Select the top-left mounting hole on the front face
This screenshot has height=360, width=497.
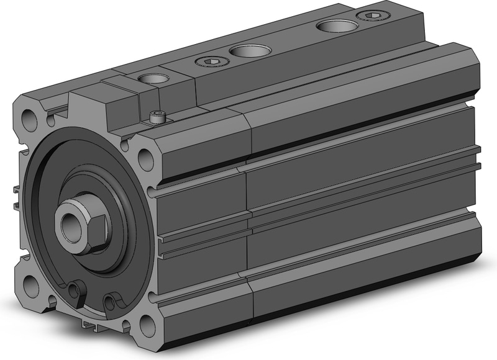click(29, 117)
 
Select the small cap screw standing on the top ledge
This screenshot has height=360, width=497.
click(157, 116)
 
